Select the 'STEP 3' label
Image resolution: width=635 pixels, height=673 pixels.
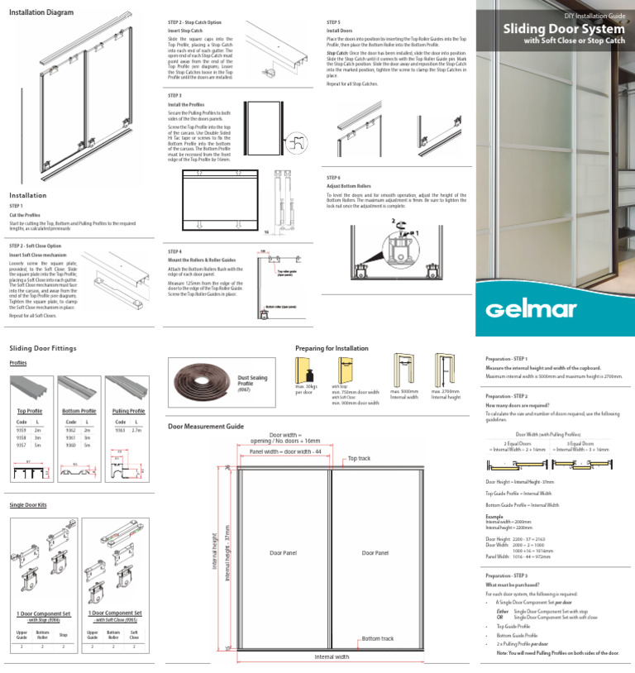(174, 96)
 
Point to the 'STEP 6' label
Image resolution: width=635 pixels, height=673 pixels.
(334, 178)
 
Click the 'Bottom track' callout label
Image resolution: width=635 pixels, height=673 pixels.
(377, 638)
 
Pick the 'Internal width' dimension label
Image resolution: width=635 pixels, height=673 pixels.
(332, 657)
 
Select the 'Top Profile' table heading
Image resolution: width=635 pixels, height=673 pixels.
(30, 411)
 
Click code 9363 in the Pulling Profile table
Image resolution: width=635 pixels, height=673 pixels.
(120, 430)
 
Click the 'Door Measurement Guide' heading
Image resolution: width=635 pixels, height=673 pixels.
(205, 426)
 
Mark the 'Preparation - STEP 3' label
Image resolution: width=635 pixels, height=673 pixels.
(508, 575)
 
